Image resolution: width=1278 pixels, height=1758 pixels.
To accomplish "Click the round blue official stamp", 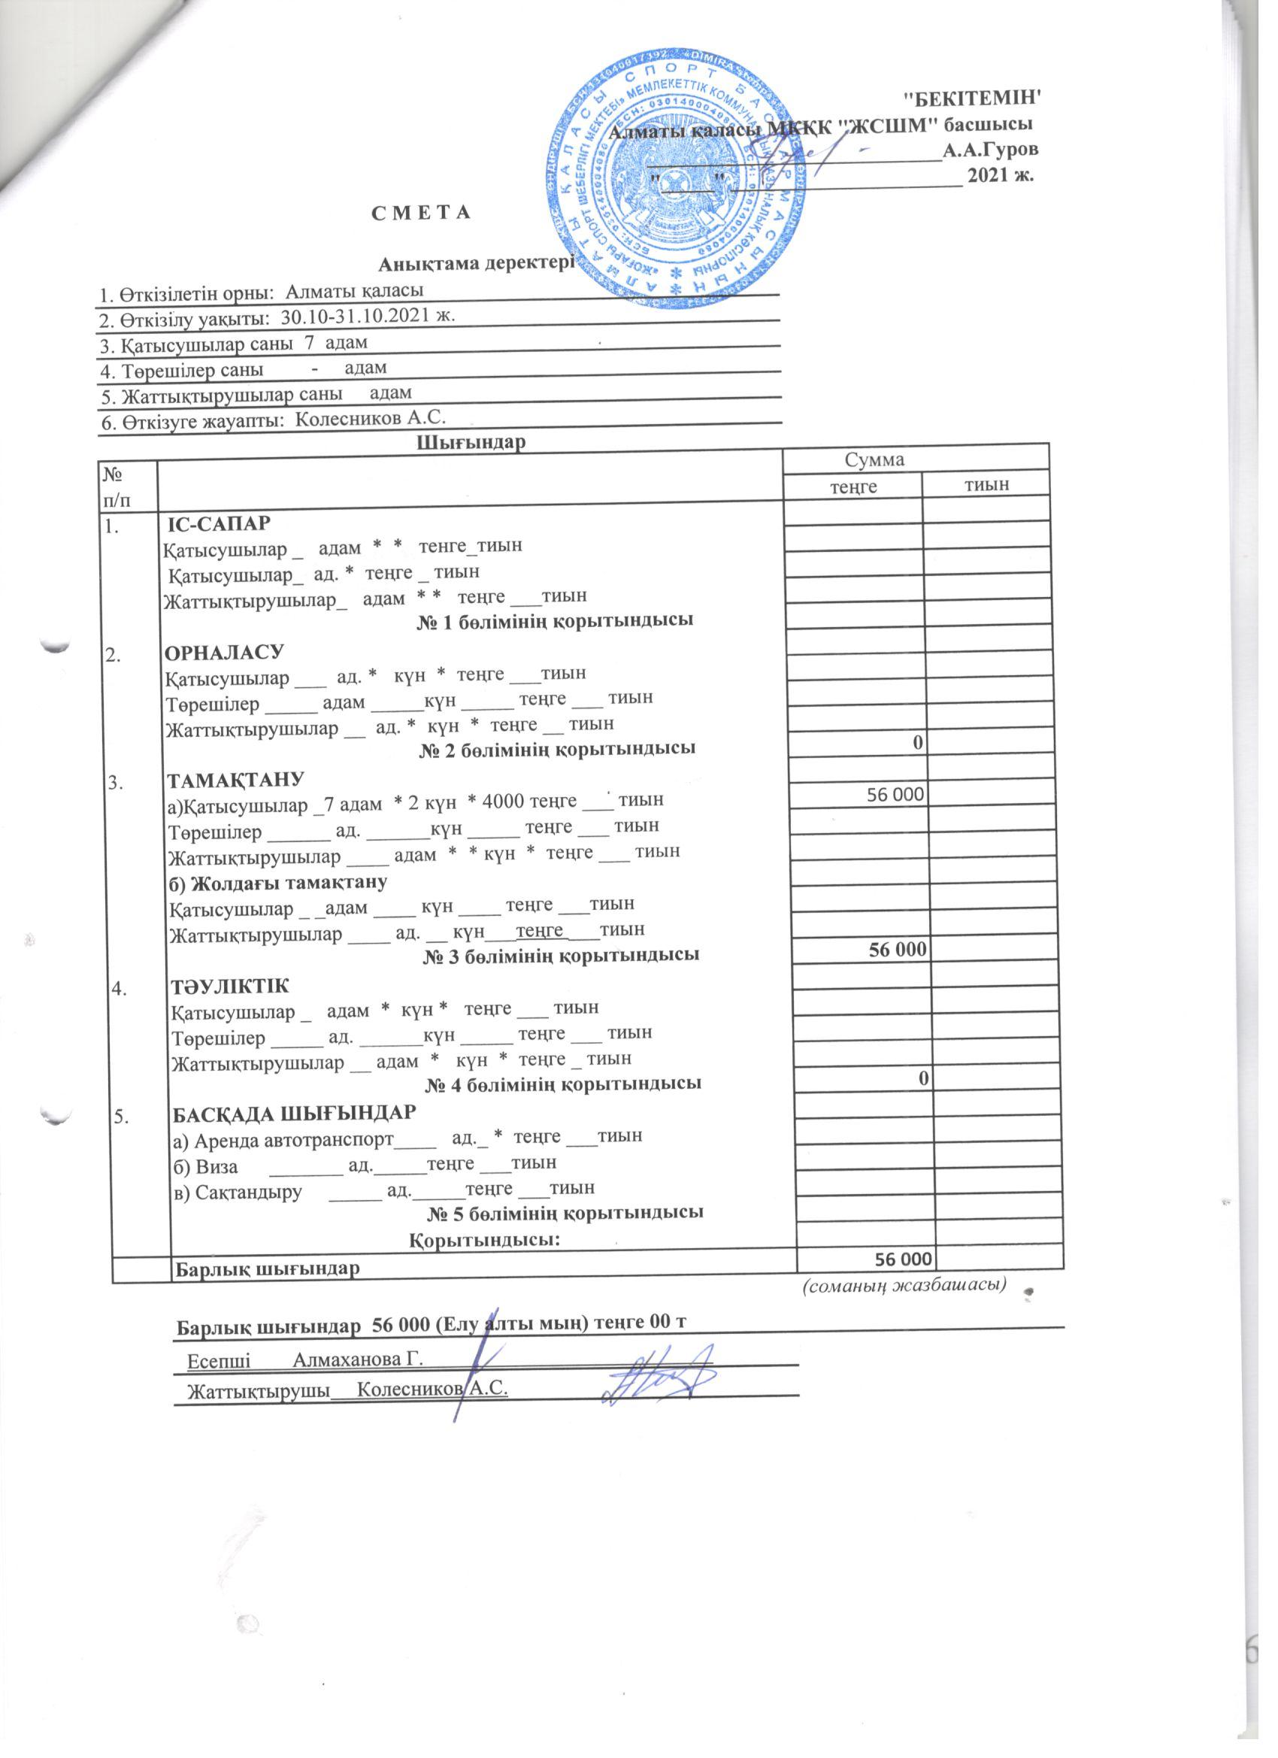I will tap(680, 180).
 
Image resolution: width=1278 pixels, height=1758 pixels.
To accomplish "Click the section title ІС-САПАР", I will tap(220, 523).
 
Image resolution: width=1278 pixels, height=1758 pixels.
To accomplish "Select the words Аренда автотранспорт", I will tap(295, 1138).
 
